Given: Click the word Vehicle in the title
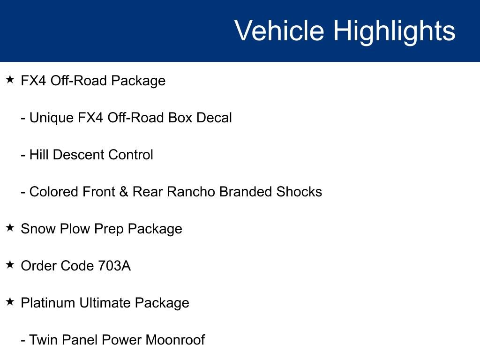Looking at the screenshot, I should (279, 31).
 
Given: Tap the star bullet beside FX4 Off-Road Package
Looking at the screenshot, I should (10, 80).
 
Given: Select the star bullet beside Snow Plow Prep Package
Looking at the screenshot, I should (10, 228).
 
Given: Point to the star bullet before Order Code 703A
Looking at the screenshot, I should (10, 265).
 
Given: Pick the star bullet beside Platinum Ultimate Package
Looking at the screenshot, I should (10, 302).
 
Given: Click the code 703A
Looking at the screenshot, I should (114, 266).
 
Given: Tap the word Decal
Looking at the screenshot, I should (214, 118).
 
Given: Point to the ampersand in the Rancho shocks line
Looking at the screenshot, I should (124, 192).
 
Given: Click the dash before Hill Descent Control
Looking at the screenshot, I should (23, 155).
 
